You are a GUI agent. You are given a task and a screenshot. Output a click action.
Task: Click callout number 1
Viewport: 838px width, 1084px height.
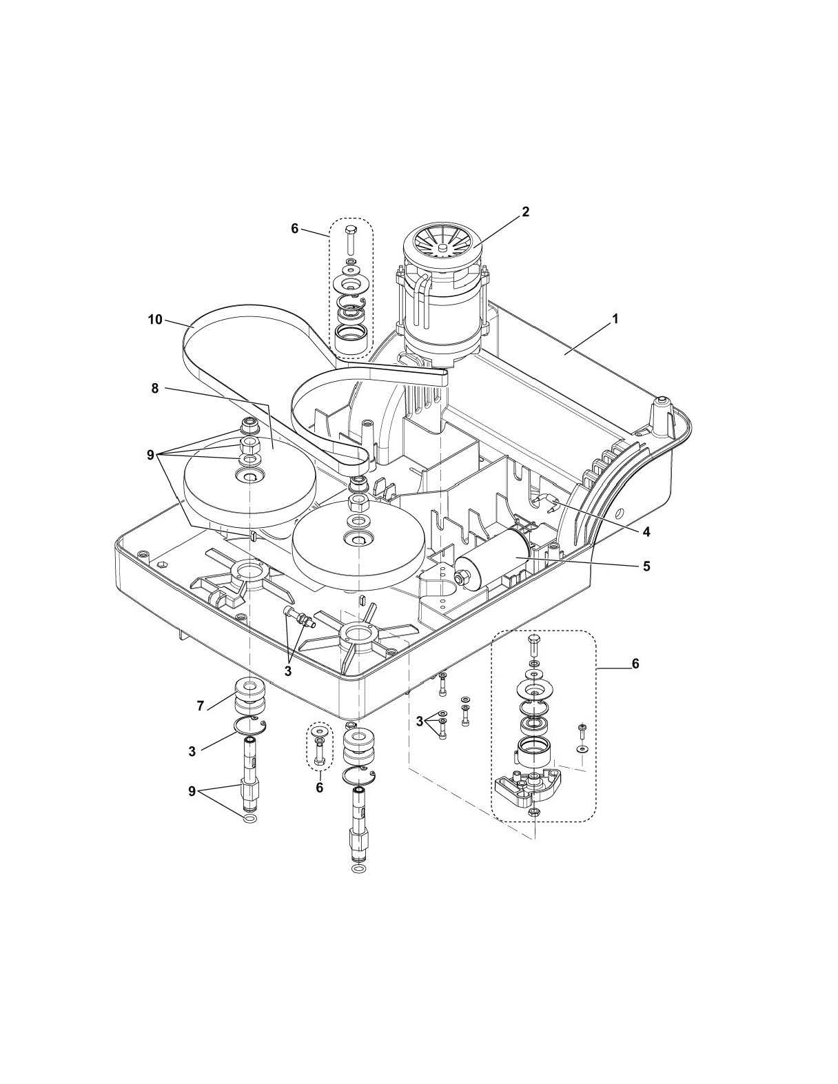pos(615,319)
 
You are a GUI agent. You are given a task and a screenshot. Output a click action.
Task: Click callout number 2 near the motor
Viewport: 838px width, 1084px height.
pos(525,212)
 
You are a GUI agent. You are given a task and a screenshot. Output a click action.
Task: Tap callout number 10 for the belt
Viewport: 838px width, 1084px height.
pos(155,319)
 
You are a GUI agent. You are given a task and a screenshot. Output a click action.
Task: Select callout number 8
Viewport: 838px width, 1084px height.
pos(155,389)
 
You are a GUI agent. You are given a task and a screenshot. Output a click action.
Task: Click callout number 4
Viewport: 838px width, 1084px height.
pos(646,531)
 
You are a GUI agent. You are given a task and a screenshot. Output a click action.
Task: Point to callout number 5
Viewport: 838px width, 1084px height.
pos(646,566)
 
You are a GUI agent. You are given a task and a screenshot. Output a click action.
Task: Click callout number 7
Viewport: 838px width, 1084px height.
pos(201,706)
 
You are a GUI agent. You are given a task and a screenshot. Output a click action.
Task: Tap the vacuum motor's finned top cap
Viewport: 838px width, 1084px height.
pos(441,244)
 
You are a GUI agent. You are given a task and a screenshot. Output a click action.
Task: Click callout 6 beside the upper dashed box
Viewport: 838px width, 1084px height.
pos(295,228)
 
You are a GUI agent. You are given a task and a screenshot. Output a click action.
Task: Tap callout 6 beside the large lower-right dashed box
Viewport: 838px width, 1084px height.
pos(635,663)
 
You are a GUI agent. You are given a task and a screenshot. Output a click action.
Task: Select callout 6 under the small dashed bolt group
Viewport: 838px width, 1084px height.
pos(319,787)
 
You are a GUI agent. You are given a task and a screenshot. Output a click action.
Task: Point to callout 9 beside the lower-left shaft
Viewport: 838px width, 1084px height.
pos(192,792)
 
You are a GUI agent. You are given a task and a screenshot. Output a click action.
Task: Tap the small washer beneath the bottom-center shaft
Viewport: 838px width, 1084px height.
pos(359,870)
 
